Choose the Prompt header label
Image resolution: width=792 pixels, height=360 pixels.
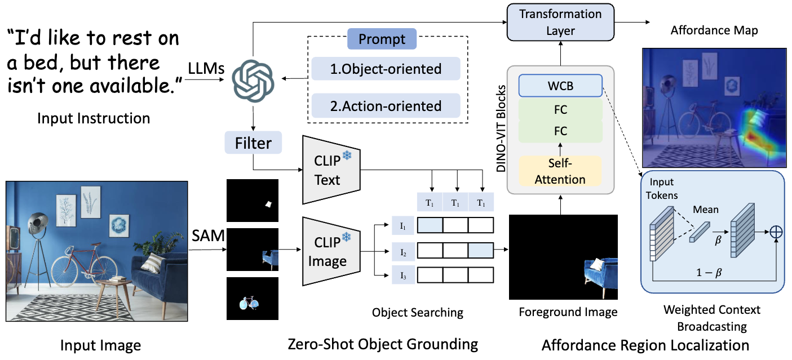tap(382, 39)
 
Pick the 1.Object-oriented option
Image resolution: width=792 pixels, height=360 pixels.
tap(386, 69)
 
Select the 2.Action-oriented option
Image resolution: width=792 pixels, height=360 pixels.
tap(386, 105)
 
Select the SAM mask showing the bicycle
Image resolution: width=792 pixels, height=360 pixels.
tap(252, 299)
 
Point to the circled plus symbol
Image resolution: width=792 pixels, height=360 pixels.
tap(777, 231)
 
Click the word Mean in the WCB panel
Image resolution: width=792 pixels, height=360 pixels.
tap(706, 210)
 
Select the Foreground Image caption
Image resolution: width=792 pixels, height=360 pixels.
tap(568, 312)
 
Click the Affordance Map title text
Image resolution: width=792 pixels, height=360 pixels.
tap(714, 30)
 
